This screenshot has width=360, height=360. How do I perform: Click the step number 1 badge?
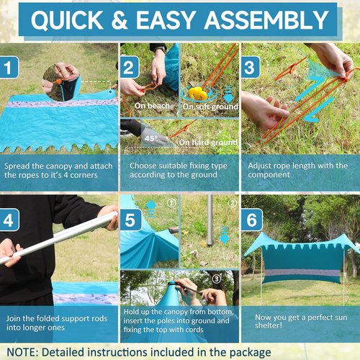coord(9,67)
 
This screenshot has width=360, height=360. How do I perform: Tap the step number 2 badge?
coord(130,67)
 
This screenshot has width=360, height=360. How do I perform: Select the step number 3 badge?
coord(251,67)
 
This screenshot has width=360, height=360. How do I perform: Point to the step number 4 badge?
coord(9,220)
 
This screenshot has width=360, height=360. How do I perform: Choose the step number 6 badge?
coord(252,220)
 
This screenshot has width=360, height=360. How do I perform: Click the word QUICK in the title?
coord(67,19)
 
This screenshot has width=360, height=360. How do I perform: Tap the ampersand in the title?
coord(120,19)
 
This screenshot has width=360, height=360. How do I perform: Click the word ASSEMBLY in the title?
coord(266,19)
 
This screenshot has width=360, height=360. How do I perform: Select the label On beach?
coord(152,106)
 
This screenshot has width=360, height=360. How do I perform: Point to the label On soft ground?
coord(210,107)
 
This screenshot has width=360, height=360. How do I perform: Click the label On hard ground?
coord(208,143)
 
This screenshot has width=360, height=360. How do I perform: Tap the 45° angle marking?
coord(151,138)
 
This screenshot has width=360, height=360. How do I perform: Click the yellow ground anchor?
coord(198,93)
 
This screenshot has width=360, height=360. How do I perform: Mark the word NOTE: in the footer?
coord(22,352)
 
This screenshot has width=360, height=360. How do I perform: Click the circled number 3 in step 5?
coord(217,279)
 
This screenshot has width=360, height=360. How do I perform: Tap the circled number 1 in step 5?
coord(171,203)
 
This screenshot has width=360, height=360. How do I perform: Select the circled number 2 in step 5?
coord(233,203)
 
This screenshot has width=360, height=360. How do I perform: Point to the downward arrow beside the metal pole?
coord(225,235)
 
